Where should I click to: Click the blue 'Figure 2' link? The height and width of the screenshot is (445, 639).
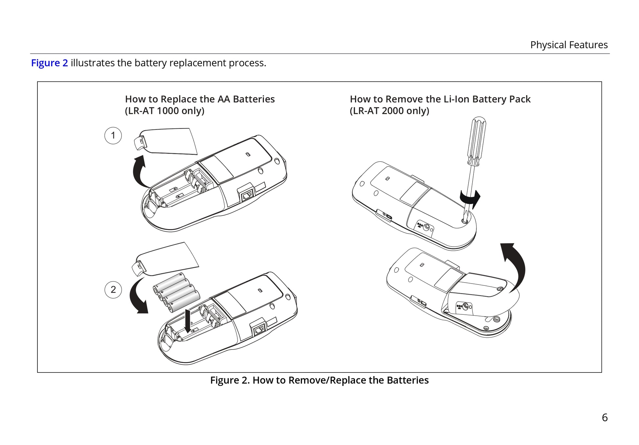pyautogui.click(x=49, y=63)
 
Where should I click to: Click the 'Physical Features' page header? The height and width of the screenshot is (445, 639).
pyautogui.click(x=569, y=45)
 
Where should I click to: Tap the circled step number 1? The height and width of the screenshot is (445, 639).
pyautogui.click(x=113, y=136)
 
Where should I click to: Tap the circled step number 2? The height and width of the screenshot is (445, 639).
pyautogui.click(x=113, y=290)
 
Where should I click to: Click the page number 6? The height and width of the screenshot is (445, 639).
pyautogui.click(x=605, y=417)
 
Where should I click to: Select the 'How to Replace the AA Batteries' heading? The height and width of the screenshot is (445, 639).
pyautogui.click(x=200, y=99)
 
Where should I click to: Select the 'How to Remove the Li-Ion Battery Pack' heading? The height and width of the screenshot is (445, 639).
pyautogui.click(x=440, y=99)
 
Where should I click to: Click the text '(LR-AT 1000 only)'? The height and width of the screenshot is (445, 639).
pyautogui.click(x=165, y=111)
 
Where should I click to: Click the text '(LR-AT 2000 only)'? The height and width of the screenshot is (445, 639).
pyautogui.click(x=389, y=111)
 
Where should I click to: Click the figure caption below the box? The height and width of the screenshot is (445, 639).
pyautogui.click(x=319, y=380)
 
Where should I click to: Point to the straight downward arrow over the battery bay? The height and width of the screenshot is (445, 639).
pyautogui.click(x=188, y=320)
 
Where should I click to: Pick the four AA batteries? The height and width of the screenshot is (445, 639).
pyautogui.click(x=176, y=292)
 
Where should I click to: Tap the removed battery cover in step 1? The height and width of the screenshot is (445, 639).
pyautogui.click(x=165, y=141)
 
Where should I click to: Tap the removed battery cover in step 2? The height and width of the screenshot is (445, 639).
pyautogui.click(x=165, y=260)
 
